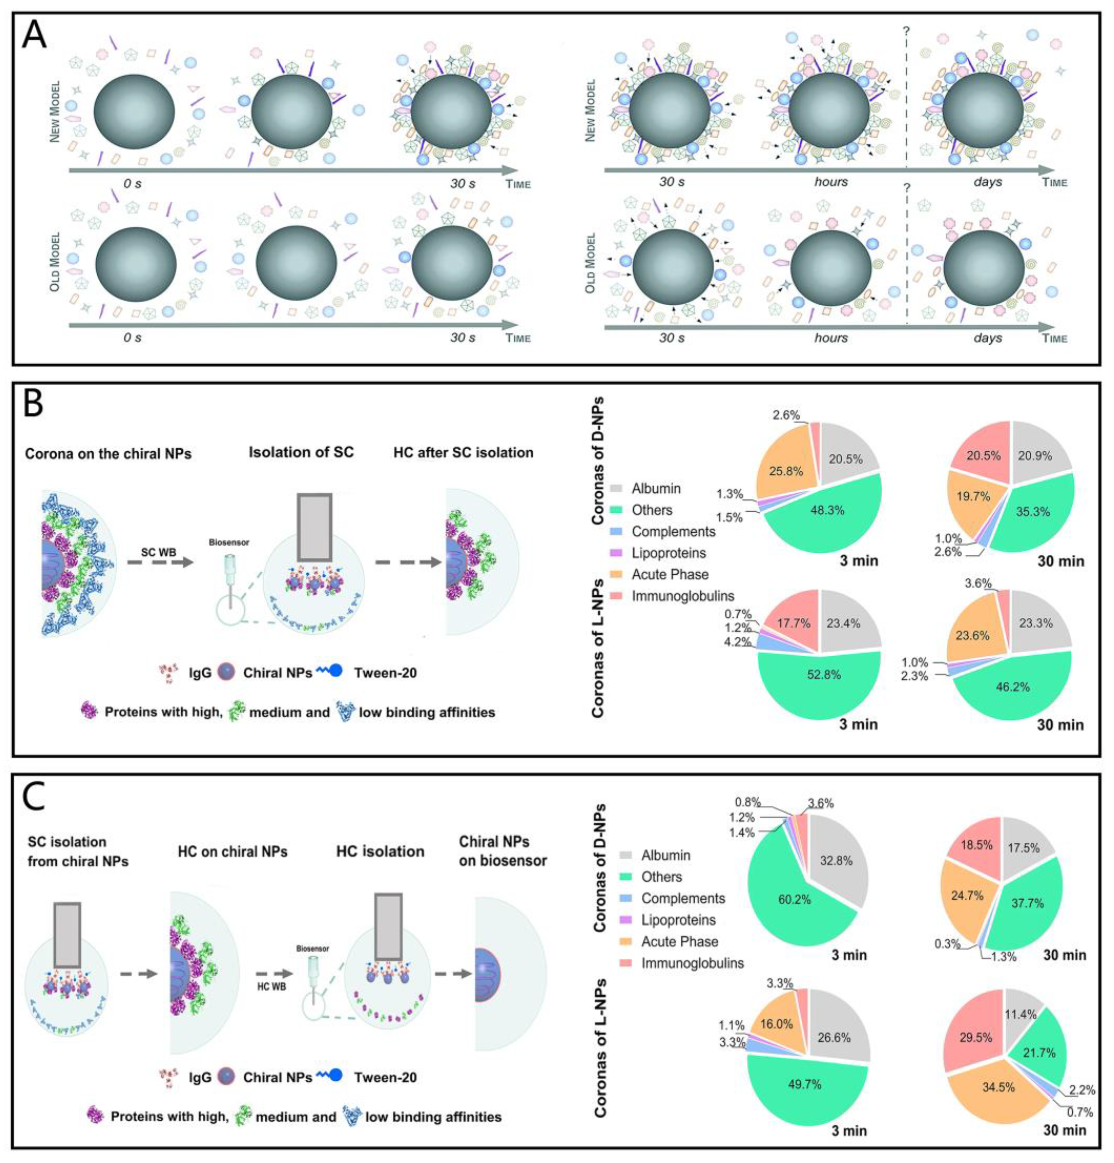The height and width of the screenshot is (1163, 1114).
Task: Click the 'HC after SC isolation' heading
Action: (463, 453)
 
